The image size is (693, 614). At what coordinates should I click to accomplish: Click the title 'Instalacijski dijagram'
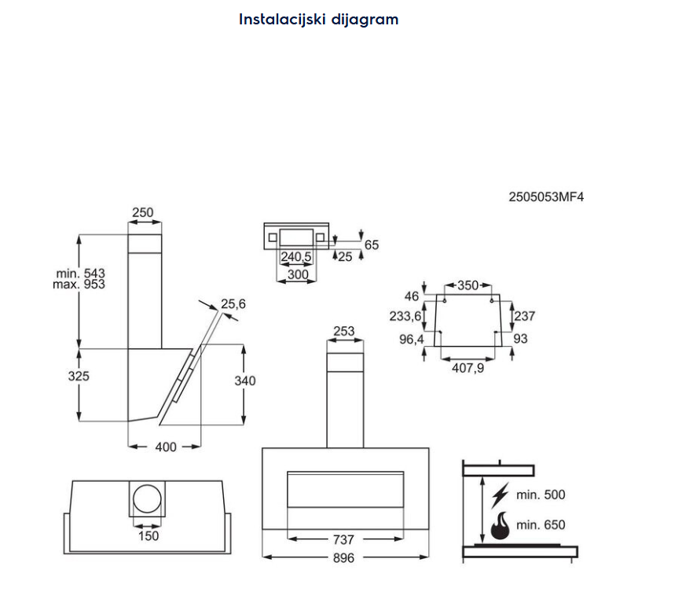coord(318,20)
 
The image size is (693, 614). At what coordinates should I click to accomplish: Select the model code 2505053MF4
coord(546,197)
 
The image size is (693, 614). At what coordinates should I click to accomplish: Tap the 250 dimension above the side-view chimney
coord(143,212)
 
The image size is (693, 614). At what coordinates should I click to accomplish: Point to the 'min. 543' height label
coord(79,273)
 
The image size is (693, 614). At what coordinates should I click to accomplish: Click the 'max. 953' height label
coord(79,284)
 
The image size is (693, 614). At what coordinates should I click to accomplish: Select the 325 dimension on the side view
coord(79,376)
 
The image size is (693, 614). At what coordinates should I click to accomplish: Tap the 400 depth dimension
coord(166,447)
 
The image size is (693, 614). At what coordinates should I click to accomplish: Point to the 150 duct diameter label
coord(148,535)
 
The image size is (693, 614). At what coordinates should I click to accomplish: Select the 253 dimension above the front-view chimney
coord(344,331)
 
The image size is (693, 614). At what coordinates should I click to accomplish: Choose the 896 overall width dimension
coord(343,557)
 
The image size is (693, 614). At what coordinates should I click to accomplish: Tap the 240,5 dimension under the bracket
coord(296,257)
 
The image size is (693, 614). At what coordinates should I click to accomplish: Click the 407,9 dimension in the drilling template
coord(467,367)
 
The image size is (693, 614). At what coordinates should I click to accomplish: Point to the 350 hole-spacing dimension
coord(467,285)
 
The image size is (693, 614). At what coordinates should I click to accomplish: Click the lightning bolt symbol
coord(498,495)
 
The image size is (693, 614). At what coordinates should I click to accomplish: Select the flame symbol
coord(499,525)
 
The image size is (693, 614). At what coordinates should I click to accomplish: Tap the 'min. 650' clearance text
coord(541,524)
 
